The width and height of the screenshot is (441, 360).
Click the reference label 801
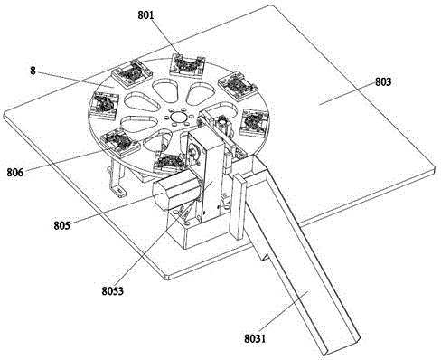(x=145, y=15)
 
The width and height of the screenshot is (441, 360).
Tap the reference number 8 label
(x=33, y=71)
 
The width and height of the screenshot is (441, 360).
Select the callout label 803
(x=383, y=81)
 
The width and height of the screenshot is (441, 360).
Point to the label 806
(x=15, y=173)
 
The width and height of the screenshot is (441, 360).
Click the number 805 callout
(x=62, y=225)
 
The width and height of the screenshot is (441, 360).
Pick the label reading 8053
(x=112, y=291)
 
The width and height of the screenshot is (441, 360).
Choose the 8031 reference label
(x=255, y=338)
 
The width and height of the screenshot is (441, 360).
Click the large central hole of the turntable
(x=177, y=116)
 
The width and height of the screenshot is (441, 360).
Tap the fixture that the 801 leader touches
(x=187, y=65)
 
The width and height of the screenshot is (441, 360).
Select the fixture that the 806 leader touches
(x=120, y=142)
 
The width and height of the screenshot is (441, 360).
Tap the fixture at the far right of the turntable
(x=255, y=123)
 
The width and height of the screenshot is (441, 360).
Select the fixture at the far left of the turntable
(x=105, y=105)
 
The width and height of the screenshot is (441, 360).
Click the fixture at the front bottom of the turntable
(x=169, y=163)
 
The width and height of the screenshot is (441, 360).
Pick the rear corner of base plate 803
(x=270, y=5)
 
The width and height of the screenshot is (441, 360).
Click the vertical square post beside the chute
(x=239, y=206)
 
